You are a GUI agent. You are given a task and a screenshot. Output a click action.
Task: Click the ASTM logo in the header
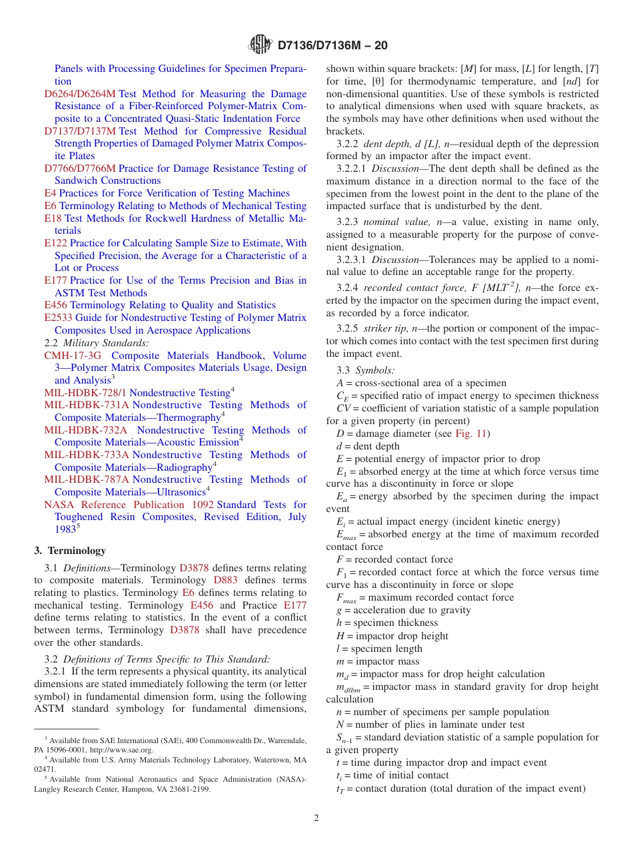point(260,45)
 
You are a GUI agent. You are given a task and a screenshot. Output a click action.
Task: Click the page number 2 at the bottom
point(316,818)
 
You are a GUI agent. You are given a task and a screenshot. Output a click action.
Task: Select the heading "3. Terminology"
point(70,551)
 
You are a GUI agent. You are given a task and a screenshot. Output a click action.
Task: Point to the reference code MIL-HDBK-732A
point(85,430)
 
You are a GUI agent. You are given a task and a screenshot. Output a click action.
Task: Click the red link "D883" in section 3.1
point(225,581)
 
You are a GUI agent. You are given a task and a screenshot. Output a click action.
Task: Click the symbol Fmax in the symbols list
point(346,598)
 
